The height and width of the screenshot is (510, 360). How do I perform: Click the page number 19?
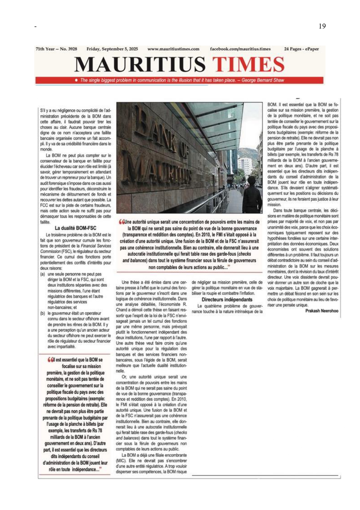click(322, 26)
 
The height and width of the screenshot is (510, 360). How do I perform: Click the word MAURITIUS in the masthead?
click(139, 64)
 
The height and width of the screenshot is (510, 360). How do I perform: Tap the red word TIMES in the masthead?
click(248, 64)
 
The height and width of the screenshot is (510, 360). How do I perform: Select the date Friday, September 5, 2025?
click(112, 49)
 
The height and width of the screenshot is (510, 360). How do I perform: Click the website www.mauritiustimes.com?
click(173, 49)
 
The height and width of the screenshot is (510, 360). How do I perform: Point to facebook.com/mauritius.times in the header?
click(240, 49)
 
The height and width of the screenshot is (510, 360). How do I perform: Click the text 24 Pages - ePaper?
click(301, 49)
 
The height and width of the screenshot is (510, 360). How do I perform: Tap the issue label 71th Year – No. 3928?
click(56, 49)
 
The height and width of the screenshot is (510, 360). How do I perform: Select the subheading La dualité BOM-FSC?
click(75, 228)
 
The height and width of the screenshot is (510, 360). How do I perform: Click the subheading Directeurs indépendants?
click(227, 300)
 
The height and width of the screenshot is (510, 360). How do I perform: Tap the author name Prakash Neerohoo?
click(322, 311)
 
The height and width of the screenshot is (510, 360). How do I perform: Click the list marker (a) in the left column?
click(43, 274)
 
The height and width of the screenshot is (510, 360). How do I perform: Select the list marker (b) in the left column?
click(43, 313)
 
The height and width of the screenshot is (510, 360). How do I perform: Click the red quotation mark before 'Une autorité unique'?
click(121, 222)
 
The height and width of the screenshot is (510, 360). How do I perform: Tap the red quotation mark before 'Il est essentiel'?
click(51, 360)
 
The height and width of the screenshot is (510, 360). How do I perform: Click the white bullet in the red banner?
click(76, 80)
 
